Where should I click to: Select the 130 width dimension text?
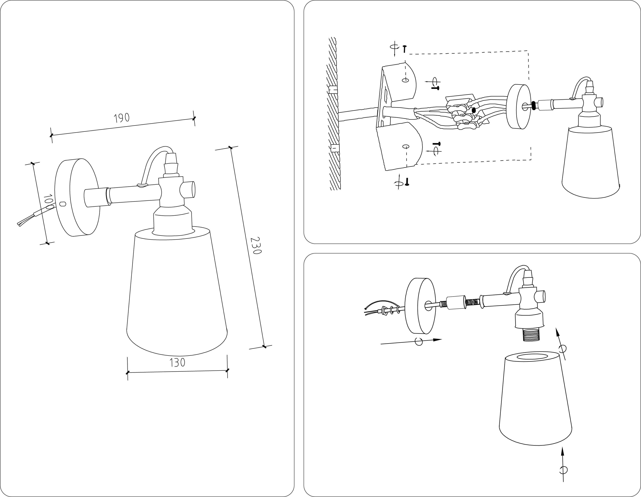pos(177,363)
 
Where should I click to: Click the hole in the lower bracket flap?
pos(406,146)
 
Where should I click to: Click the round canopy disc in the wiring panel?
pos(519,107)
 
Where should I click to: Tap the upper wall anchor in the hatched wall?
pos(332,89)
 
